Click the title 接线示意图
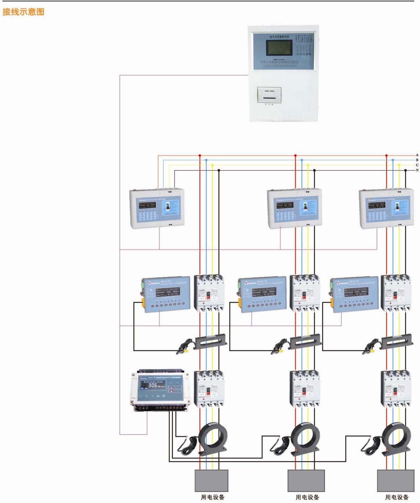[23, 12]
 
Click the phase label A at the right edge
[417, 155]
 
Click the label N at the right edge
[417, 170]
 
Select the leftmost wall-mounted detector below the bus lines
[157, 208]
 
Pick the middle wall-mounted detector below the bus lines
[294, 208]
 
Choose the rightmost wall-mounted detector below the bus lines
[386, 208]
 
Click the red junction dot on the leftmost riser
[200, 155]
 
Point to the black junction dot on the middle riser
[315, 170]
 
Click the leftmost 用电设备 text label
[212, 497]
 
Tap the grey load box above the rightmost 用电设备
[395, 480]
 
